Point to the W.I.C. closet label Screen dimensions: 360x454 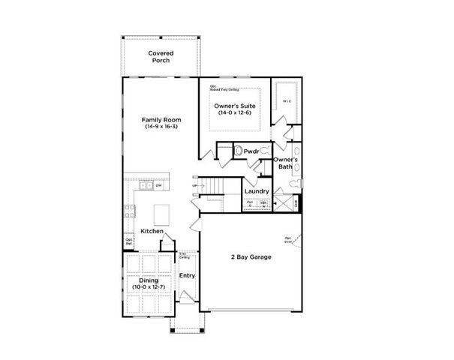[x=286, y=100]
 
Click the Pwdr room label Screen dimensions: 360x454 [x=251, y=151]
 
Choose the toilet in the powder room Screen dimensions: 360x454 [x=239, y=151]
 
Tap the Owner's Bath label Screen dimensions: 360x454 [x=285, y=163]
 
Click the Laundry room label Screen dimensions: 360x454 [x=257, y=191]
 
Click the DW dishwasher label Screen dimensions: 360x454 [x=159, y=184]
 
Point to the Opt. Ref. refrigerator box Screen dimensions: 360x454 [x=129, y=241]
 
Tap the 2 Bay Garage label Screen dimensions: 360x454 [x=251, y=257]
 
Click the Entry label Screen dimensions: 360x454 [x=187, y=275]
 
